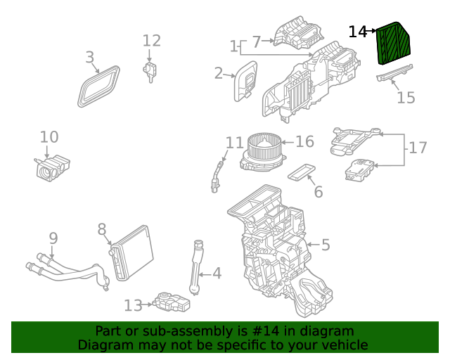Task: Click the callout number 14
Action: pyautogui.click(x=358, y=32)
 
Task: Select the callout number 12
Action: pyautogui.click(x=152, y=41)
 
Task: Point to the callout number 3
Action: pyautogui.click(x=89, y=58)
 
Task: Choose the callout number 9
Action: pyautogui.click(x=53, y=238)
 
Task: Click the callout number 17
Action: pyautogui.click(x=418, y=148)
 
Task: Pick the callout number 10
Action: pyautogui.click(x=49, y=137)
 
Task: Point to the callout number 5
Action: pyautogui.click(x=325, y=245)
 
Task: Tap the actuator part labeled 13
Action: pyautogui.click(x=172, y=302)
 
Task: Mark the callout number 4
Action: pyautogui.click(x=217, y=273)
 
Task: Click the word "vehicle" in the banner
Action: pyautogui.click(x=343, y=345)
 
